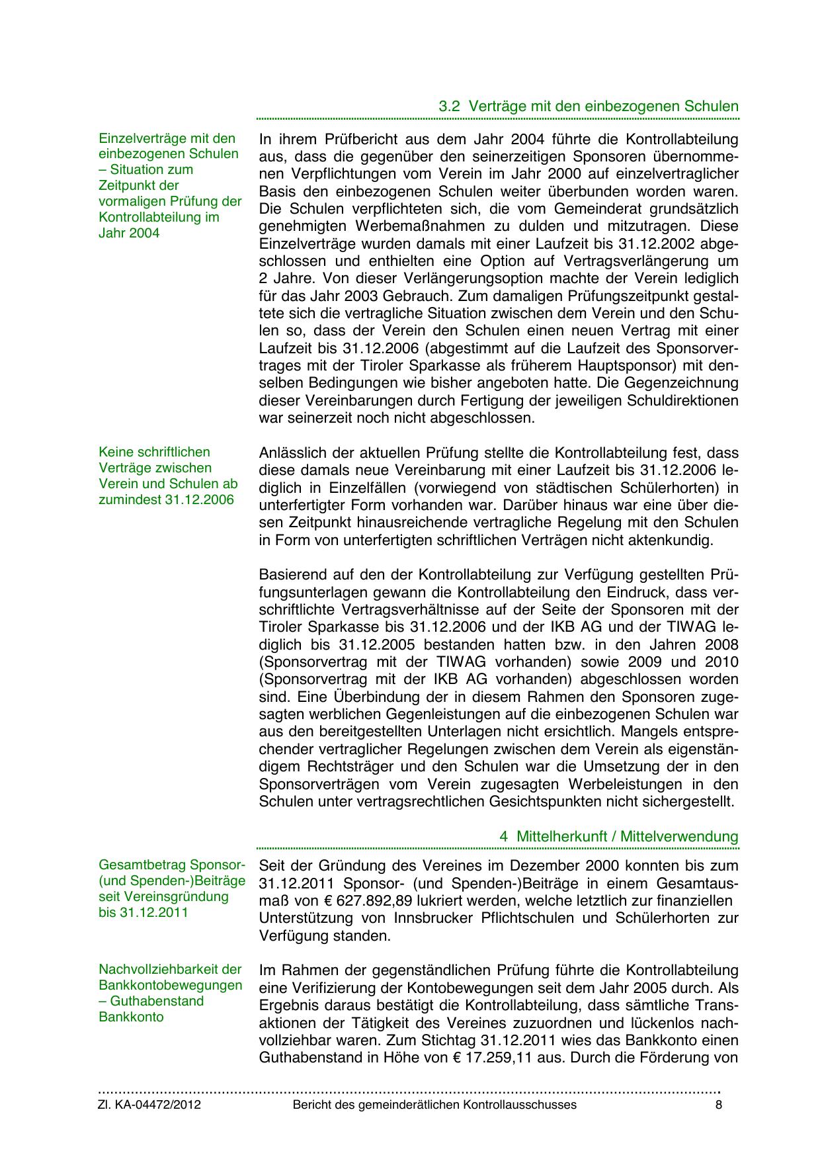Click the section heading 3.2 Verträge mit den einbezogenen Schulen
point(589,107)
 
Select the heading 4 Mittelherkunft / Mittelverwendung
point(618,836)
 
